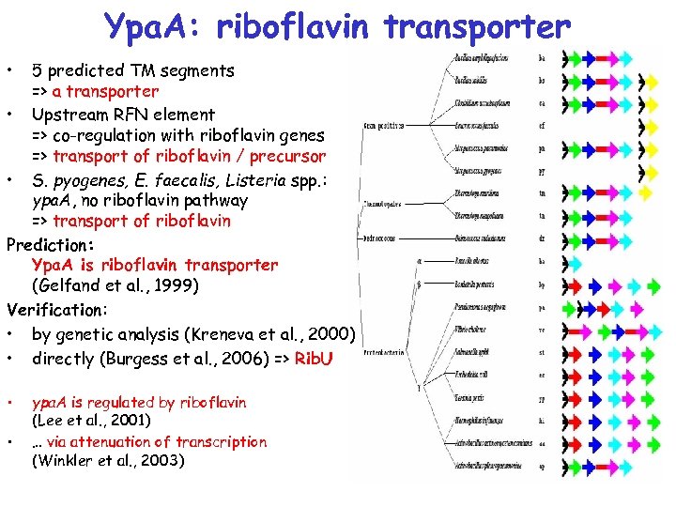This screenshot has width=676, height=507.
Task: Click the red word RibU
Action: pos(314,359)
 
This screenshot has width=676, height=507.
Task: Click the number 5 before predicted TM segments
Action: pos(36,70)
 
